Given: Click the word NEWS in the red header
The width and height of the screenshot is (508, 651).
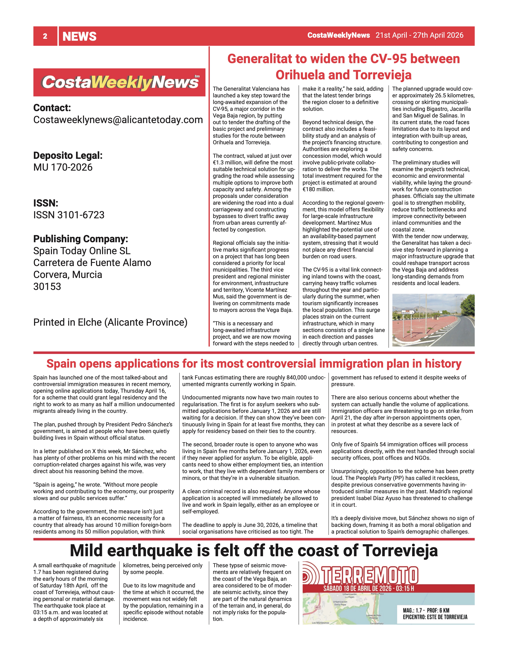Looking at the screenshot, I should pyautogui.click(x=80, y=36).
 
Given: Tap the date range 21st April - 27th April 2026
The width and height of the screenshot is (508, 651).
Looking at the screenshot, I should pyautogui.click(x=419, y=35).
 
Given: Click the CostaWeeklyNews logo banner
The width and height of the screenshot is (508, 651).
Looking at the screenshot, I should pyautogui.click(x=119, y=82).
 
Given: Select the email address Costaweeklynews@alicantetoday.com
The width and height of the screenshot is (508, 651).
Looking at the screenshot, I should pyautogui.click(x=118, y=120).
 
